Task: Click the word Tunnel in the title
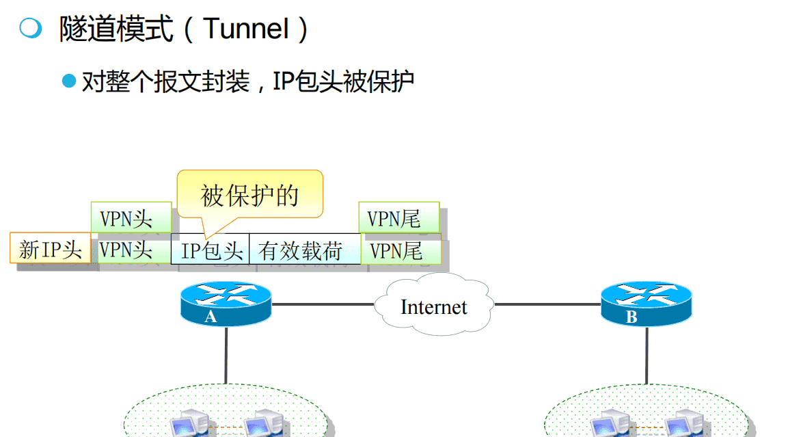pos(246,29)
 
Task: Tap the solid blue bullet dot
pos(69,81)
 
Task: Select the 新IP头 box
pos(50,249)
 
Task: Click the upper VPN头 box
pos(131,218)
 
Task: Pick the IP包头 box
pos(211,250)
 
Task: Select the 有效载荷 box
pos(305,250)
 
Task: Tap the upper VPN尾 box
pos(398,218)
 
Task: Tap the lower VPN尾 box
pos(400,250)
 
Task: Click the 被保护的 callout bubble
pos(249,195)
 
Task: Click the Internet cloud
pos(433,306)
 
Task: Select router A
pos(226,304)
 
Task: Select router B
pos(646,304)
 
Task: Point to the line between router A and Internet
pos(321,304)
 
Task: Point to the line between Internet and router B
pos(547,304)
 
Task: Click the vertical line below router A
pos(226,356)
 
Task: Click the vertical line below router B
pos(646,356)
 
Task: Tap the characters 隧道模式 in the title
pos(116,29)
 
